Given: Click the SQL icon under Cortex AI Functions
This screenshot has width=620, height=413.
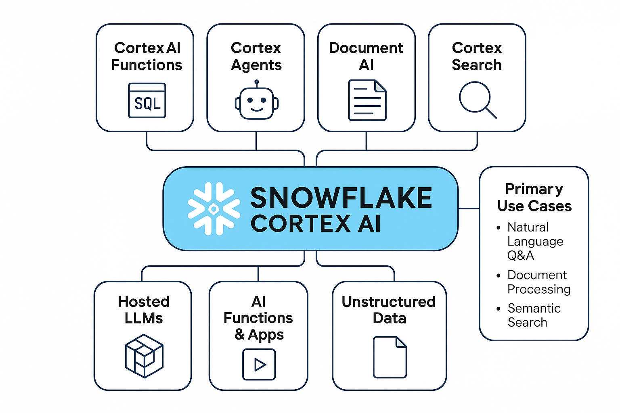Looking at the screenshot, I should (147, 101).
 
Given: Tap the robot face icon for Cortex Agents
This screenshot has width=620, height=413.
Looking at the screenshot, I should (257, 102).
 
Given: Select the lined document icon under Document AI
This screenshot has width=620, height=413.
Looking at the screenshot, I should (367, 100).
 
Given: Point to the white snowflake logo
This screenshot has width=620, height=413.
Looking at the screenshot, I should (214, 209).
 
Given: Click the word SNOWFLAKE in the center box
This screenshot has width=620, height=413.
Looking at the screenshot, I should (341, 198).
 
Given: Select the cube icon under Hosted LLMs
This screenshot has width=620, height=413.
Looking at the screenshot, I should (144, 356).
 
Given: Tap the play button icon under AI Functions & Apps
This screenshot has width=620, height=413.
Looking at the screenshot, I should (259, 365).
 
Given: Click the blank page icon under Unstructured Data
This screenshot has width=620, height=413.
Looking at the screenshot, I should (390, 357).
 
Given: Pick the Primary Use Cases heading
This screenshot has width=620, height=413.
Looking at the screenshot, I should (534, 197).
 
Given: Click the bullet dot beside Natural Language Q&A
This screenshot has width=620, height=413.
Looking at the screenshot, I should (499, 228).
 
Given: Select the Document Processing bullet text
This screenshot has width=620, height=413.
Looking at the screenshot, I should (538, 282).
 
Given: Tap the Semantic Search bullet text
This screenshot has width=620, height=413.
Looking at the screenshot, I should (534, 315).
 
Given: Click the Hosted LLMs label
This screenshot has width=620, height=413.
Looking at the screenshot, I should (144, 310).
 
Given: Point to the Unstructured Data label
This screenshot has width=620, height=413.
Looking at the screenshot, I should (389, 310).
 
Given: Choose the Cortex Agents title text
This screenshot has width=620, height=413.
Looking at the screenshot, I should (256, 56).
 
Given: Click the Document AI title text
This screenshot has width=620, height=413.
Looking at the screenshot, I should (366, 56).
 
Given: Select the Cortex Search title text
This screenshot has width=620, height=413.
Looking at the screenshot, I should (477, 56).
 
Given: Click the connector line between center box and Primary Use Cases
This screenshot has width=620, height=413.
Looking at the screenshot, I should (469, 209).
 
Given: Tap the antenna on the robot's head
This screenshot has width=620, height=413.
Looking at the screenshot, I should (257, 82).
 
